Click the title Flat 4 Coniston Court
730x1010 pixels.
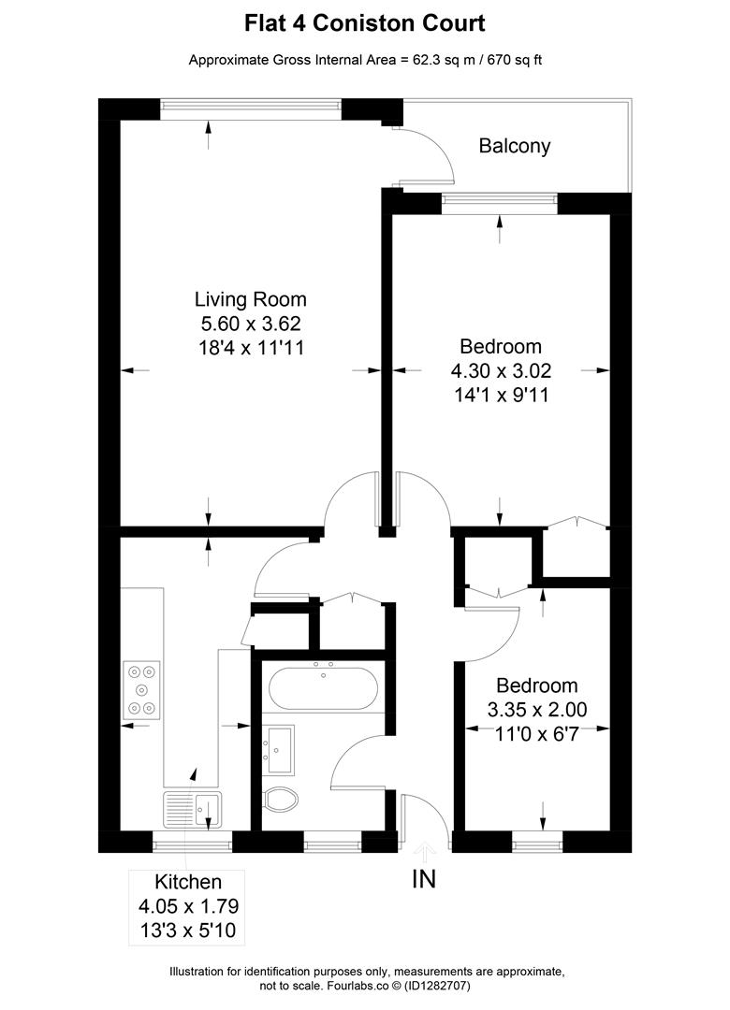365,22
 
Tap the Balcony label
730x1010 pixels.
514,146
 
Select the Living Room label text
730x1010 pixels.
250,300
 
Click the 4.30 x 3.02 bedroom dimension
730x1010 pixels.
496,370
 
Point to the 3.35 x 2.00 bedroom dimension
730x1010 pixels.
536,710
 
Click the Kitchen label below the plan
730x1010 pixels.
188,882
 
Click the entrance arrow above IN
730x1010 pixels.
425,851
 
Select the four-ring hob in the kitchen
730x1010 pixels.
141,690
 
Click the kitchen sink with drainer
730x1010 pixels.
192,808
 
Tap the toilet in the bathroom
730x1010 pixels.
281,800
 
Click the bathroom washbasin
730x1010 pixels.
279,750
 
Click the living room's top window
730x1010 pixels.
250,108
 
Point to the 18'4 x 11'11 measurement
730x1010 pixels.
250,348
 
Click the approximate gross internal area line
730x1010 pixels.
365,61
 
